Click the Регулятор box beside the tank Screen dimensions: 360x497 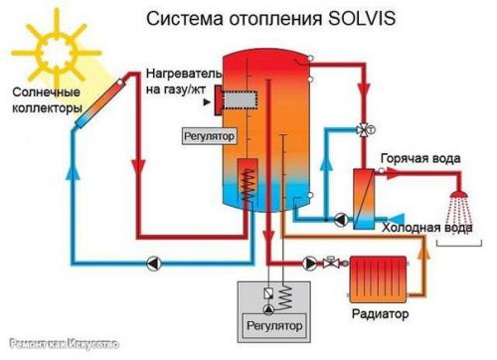point(206,132)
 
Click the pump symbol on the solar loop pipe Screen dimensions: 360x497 point(155,263)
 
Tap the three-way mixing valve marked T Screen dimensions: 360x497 point(358,130)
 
